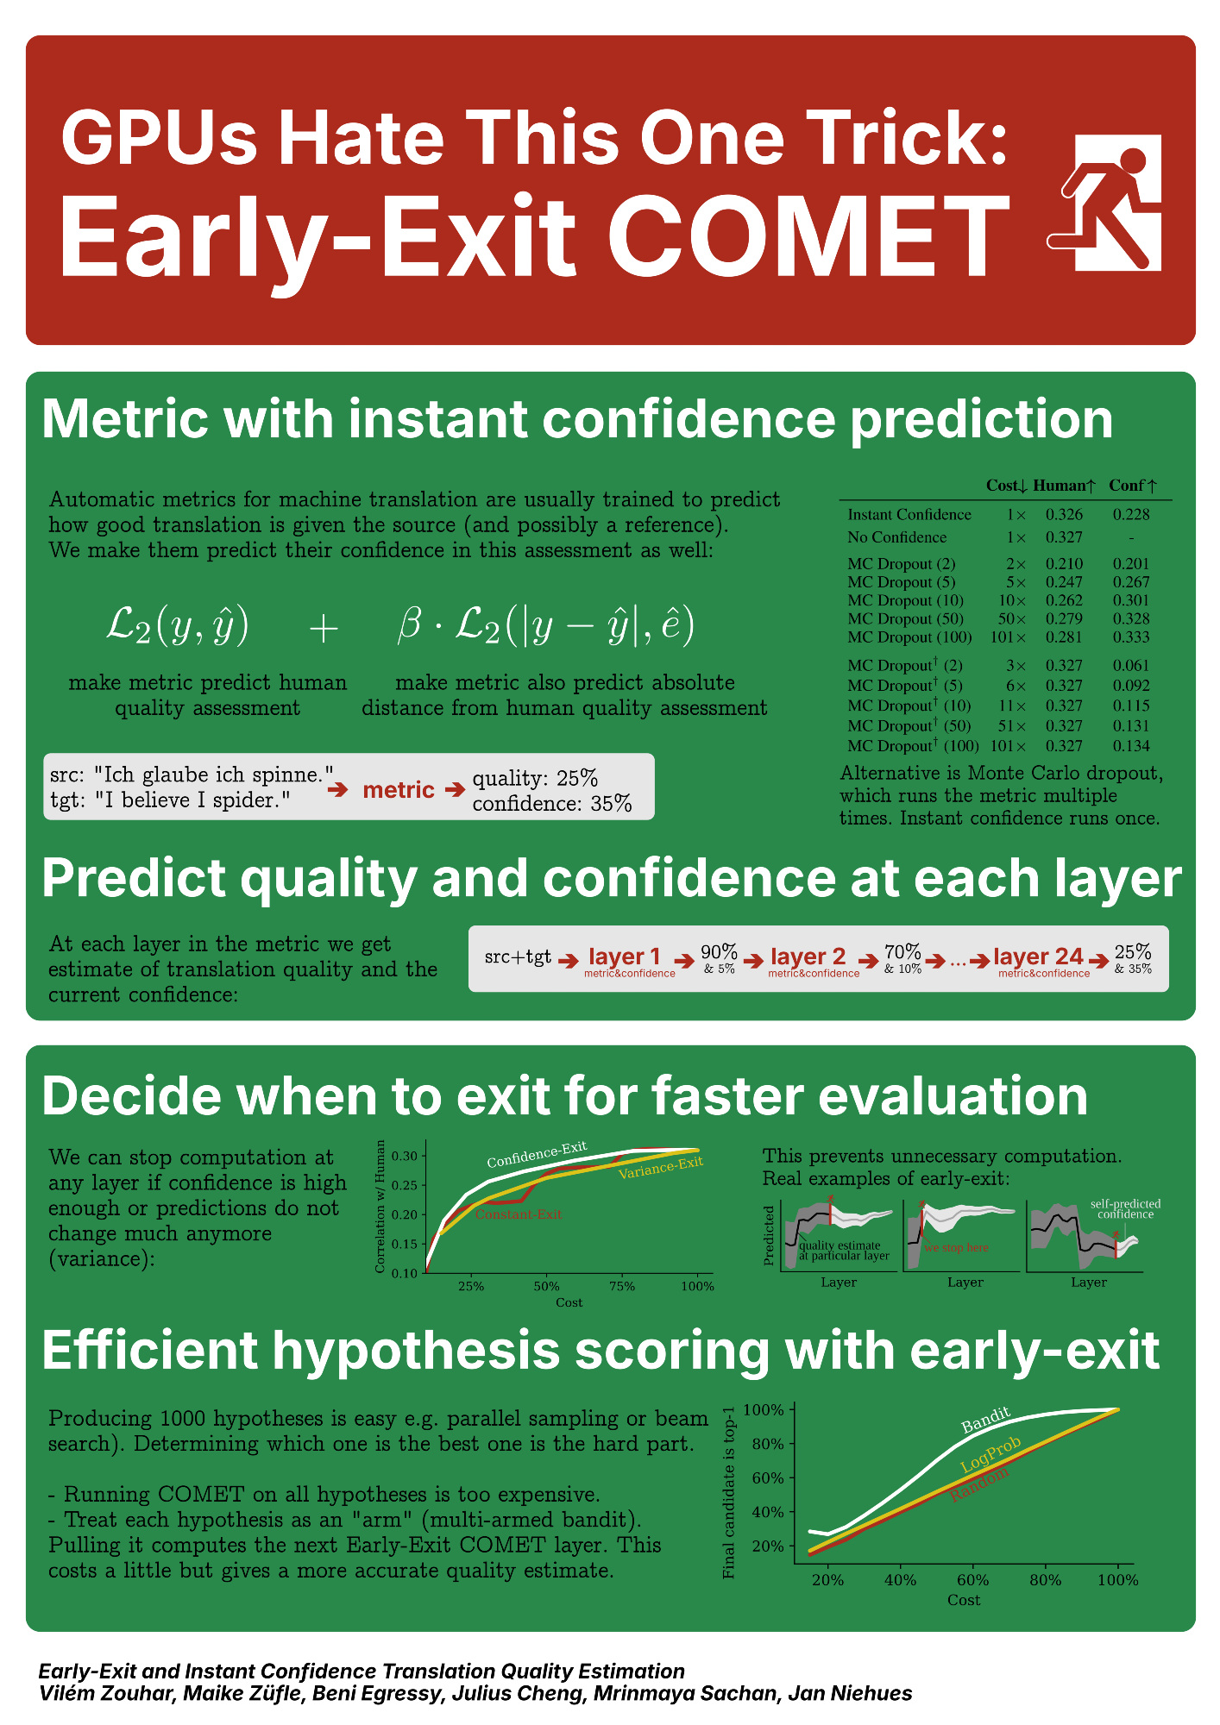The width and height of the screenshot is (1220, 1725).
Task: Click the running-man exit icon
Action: pyautogui.click(x=1104, y=203)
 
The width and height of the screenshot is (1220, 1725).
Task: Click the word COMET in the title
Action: pyautogui.click(x=809, y=236)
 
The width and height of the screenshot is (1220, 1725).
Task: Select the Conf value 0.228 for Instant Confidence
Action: pyautogui.click(x=1131, y=514)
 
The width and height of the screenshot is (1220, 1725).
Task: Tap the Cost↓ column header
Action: pyautogui.click(x=1006, y=486)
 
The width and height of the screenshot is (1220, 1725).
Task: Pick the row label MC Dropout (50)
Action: pyautogui.click(x=905, y=618)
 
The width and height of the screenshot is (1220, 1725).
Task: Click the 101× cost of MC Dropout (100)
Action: pyautogui.click(x=1008, y=637)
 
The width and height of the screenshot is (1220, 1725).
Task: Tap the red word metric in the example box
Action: pyautogui.click(x=399, y=790)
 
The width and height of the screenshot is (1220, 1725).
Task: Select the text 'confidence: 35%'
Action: pyautogui.click(x=552, y=804)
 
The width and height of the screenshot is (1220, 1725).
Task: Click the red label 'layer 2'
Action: pyautogui.click(x=808, y=957)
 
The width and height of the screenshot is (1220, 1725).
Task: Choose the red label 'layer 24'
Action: pyautogui.click(x=1038, y=957)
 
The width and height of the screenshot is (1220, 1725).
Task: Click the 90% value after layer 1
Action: pyautogui.click(x=719, y=951)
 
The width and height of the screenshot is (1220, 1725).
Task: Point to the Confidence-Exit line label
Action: pyautogui.click(x=537, y=1154)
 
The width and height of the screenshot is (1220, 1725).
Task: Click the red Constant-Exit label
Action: pyautogui.click(x=519, y=1214)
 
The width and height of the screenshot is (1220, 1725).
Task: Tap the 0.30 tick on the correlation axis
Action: pyautogui.click(x=404, y=1156)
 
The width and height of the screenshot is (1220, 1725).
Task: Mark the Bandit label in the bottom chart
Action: pyautogui.click(x=986, y=1420)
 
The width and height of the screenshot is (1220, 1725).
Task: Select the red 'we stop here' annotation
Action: pyautogui.click(x=956, y=1247)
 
